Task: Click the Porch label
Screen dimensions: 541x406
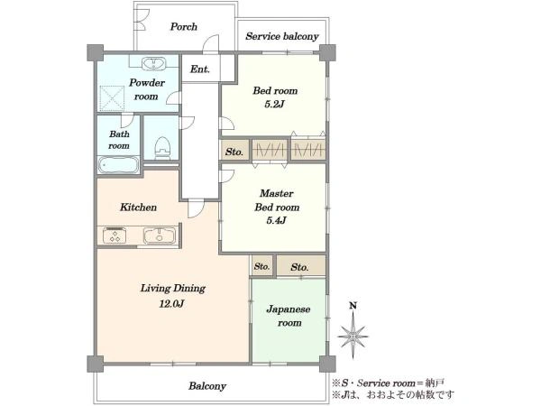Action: point(184,27)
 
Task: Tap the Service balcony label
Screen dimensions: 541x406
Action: point(282,36)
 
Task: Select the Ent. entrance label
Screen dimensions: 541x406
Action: point(200,69)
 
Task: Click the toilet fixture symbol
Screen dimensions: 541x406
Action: point(162,147)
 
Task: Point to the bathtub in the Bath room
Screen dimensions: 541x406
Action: point(118,165)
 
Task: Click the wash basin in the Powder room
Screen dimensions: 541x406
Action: point(154,63)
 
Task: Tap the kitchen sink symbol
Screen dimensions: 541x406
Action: point(160,236)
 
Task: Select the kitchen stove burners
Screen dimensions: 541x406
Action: point(115,235)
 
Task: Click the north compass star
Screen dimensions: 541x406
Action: point(353,336)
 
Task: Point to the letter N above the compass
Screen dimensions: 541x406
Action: point(353,306)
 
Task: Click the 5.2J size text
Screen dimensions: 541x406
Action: point(274,104)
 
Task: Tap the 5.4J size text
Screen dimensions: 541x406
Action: point(277,220)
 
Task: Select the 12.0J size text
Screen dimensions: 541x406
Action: point(171,304)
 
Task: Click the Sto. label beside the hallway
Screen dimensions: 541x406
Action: point(234,152)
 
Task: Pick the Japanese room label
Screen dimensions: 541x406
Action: point(289,316)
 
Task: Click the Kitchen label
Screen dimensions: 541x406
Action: point(138,208)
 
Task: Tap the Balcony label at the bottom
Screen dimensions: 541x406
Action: point(207,386)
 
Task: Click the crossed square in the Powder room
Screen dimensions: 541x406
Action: point(112,98)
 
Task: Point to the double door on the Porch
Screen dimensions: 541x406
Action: point(142,20)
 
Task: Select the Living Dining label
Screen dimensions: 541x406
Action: point(172,289)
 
